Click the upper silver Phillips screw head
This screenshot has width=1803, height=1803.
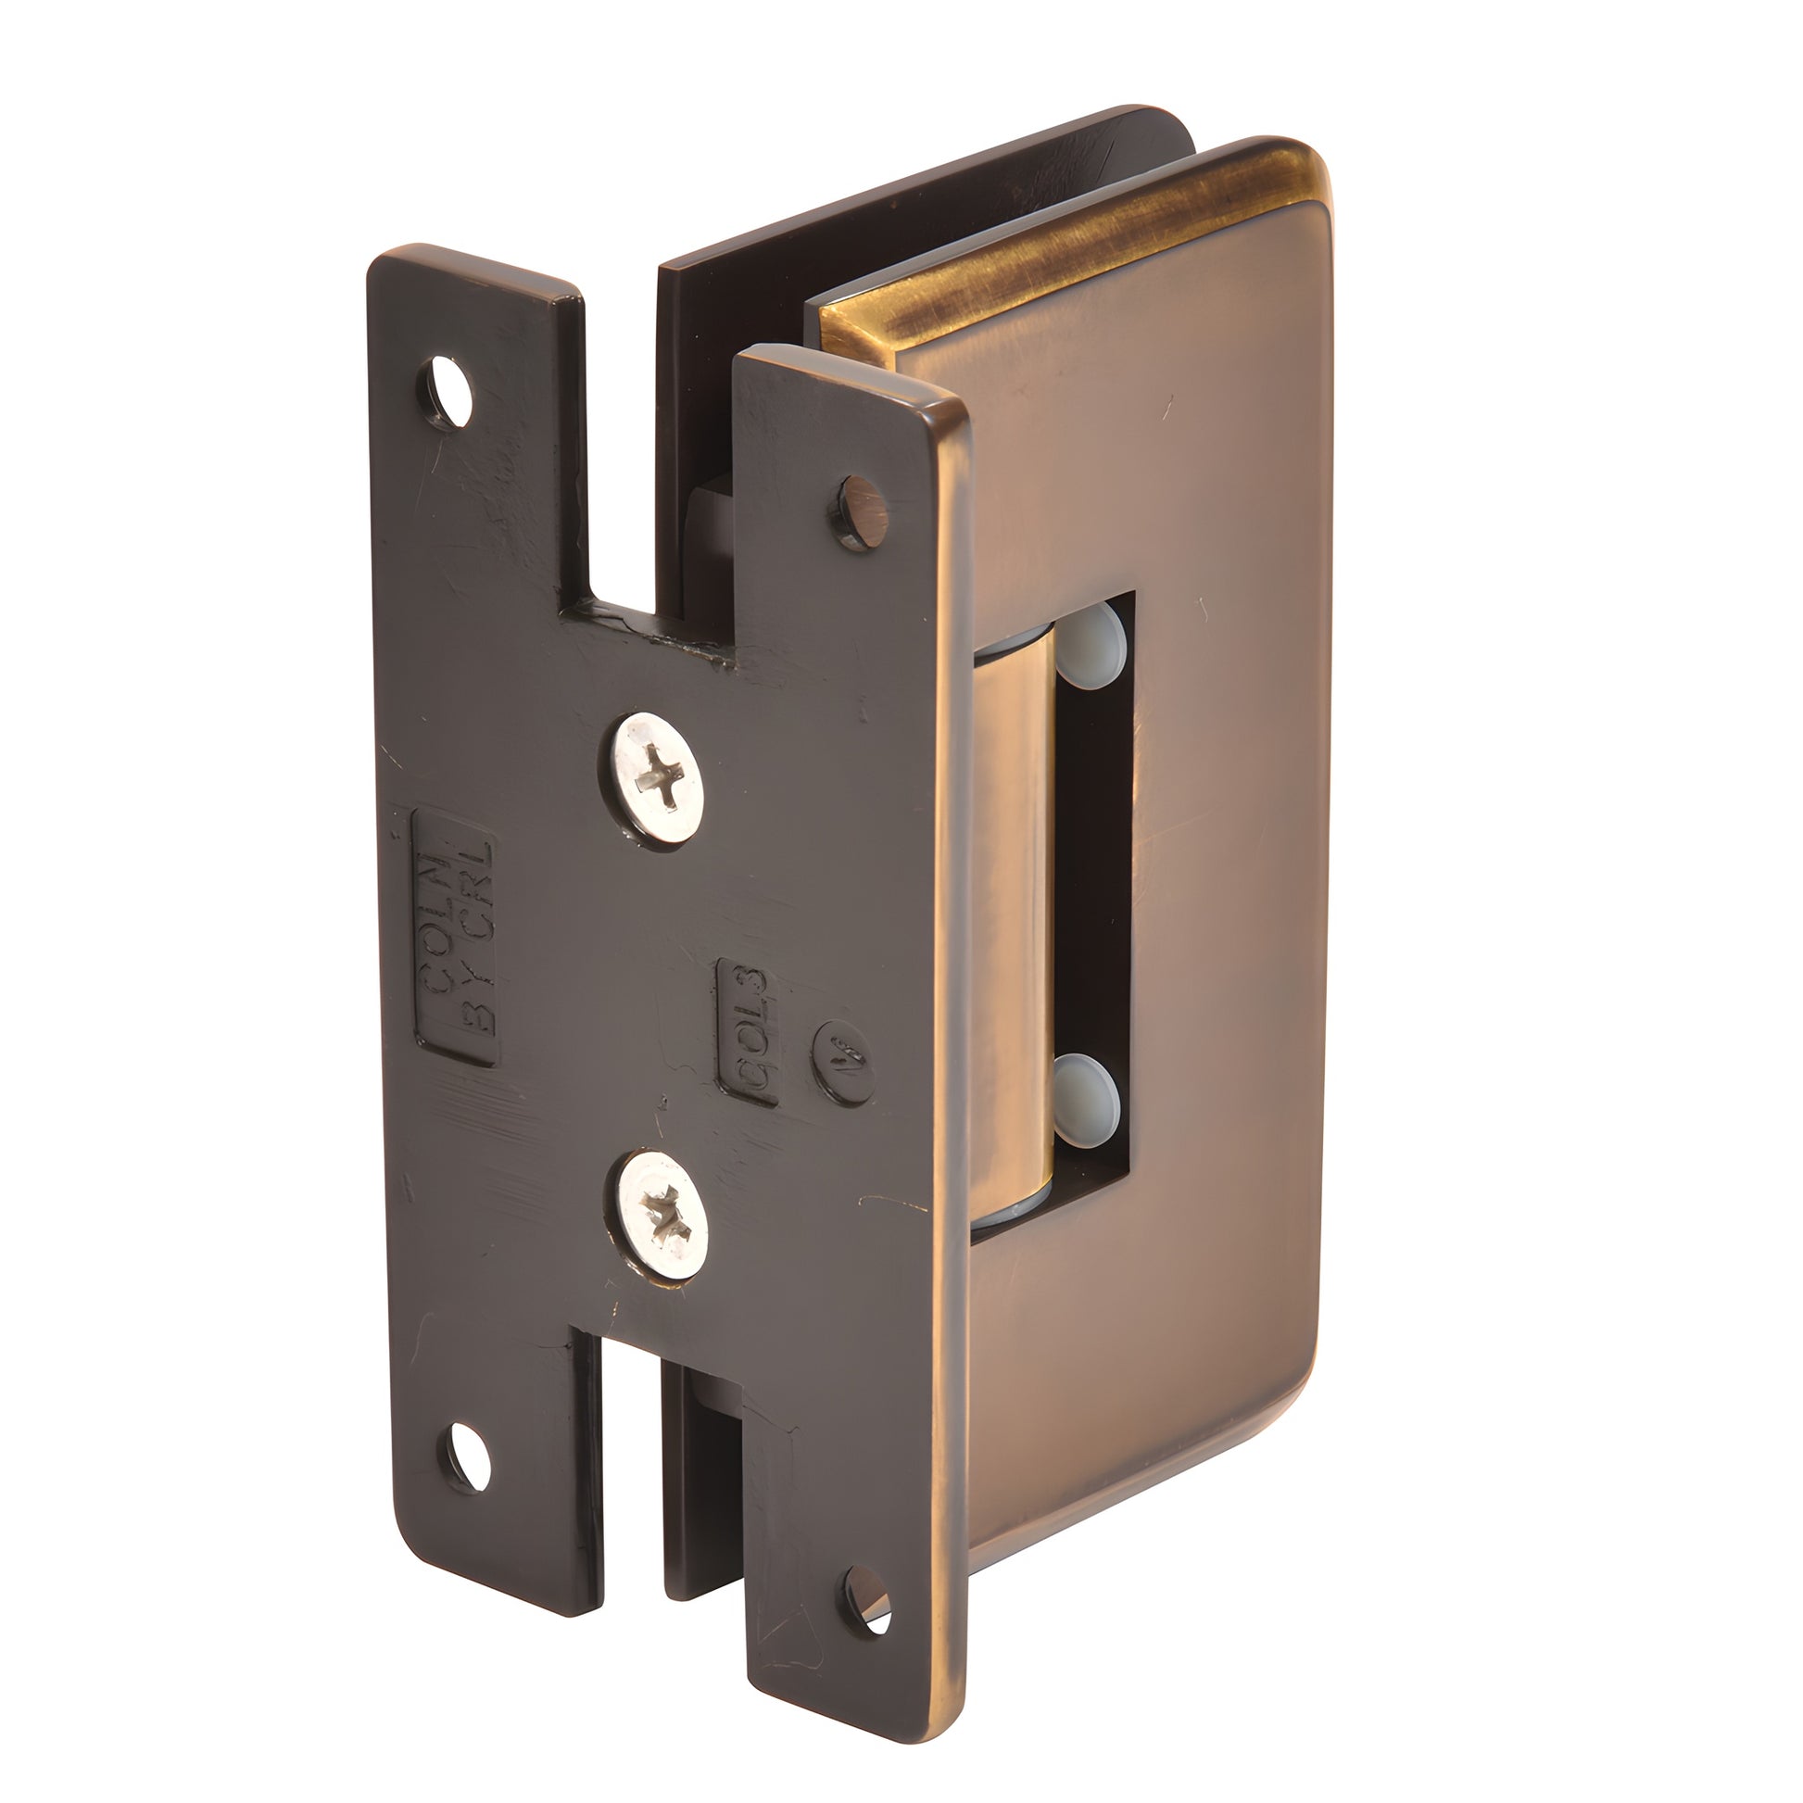coord(658,778)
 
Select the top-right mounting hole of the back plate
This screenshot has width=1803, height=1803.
coord(861,511)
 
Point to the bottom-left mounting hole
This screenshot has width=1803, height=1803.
coord(464,1457)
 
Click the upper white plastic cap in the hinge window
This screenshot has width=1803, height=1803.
coord(1092,645)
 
